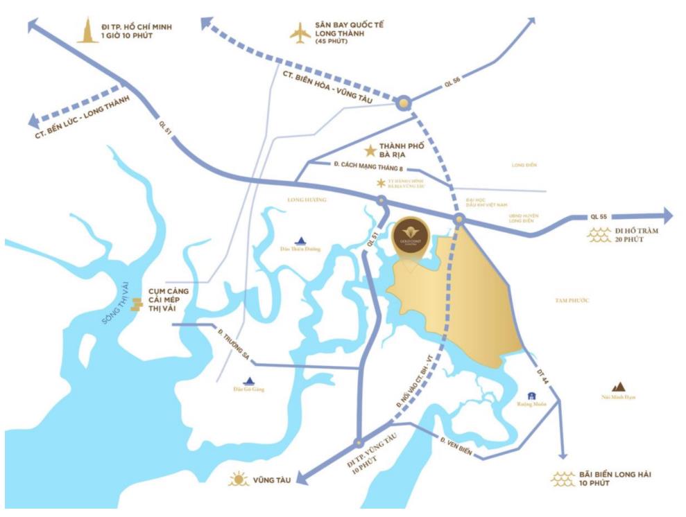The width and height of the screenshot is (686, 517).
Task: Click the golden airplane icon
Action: (300, 33)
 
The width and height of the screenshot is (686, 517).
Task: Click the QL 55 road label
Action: (599, 216)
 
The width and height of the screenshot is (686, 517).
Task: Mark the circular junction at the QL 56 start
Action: (404, 103)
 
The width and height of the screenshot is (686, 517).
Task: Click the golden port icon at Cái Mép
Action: (137, 304)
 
